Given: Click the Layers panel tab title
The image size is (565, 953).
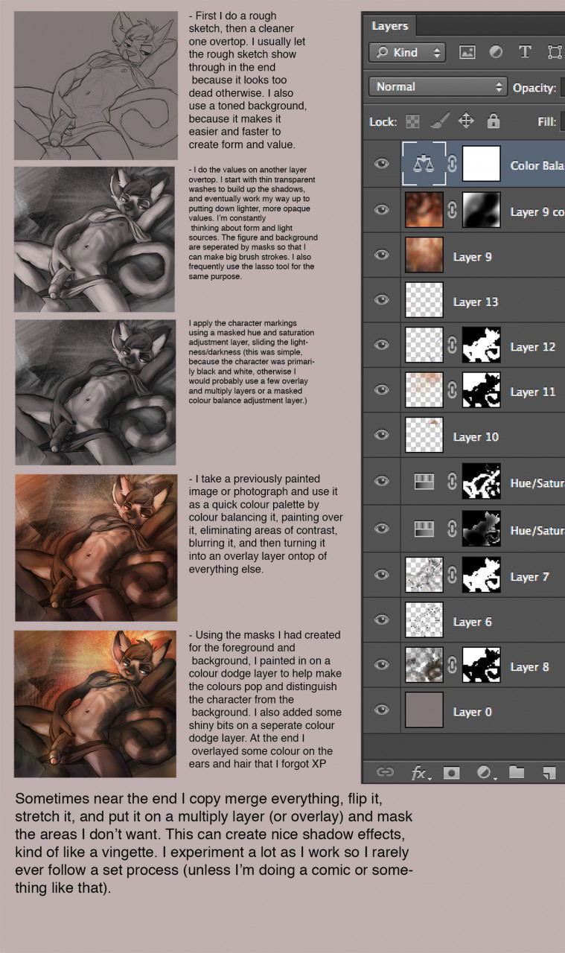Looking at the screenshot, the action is pyautogui.click(x=390, y=26).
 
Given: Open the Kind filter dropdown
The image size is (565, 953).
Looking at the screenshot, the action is pyautogui.click(x=407, y=52).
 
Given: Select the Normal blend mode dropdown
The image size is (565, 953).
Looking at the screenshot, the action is pyautogui.click(x=438, y=87).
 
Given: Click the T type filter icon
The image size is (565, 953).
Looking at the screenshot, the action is pyautogui.click(x=525, y=52).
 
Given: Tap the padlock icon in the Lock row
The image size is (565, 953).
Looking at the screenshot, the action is pyautogui.click(x=493, y=121).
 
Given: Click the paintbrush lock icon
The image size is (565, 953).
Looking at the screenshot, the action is pyautogui.click(x=440, y=121).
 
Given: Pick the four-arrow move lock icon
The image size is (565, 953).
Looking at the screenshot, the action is pyautogui.click(x=466, y=121).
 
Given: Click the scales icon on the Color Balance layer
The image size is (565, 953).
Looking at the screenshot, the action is pyautogui.click(x=424, y=164).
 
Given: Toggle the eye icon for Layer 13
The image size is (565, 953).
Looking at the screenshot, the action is pyautogui.click(x=382, y=300).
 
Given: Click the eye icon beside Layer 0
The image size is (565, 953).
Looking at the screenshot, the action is pyautogui.click(x=382, y=710).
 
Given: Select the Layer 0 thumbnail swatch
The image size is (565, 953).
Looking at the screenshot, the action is pyautogui.click(x=424, y=710).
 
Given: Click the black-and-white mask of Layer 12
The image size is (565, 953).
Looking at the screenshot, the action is pyautogui.click(x=481, y=345).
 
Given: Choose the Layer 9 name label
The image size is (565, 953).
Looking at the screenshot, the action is pyautogui.click(x=472, y=257).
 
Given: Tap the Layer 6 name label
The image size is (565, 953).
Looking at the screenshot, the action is pyautogui.click(x=472, y=622).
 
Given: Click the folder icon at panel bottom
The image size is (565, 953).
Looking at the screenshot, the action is pyautogui.click(x=517, y=772).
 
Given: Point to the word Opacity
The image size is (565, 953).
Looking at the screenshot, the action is pyautogui.click(x=534, y=88).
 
